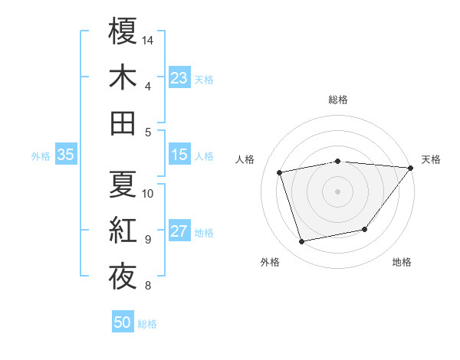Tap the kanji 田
pos(123,123)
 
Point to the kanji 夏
pos(123,185)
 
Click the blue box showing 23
pos(179,77)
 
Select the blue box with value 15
pos(179,155)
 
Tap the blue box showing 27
pos(179,231)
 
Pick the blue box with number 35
pos(65,155)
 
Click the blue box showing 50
pos(123,322)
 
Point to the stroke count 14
pos(148,39)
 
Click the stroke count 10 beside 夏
pos(148,193)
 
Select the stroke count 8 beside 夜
pos(147,286)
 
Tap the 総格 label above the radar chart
pos(338,100)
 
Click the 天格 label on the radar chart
pos(431,159)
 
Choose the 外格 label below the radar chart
pos(270,262)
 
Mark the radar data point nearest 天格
pos(409,168)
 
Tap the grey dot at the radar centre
pos(337,191)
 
